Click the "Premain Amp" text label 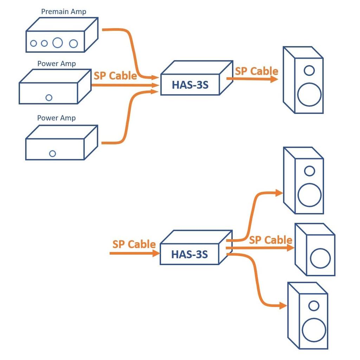pyautogui.click(x=64, y=12)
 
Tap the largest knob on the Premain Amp pyautogui.click(x=57, y=43)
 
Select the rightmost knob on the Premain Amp pyautogui.click(x=73, y=44)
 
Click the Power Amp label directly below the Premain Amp pyautogui.click(x=57, y=64)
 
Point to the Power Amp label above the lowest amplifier pyautogui.click(x=57, y=118)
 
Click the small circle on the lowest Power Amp pyautogui.click(x=52, y=154)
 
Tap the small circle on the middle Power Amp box pyautogui.click(x=49, y=98)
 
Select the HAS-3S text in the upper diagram pyautogui.click(x=190, y=85)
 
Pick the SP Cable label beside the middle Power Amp pyautogui.click(x=115, y=76)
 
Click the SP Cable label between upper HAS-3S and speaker pyautogui.click(x=256, y=71)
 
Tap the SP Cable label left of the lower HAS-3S pyautogui.click(x=134, y=244)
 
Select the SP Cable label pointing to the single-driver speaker pyautogui.click(x=270, y=240)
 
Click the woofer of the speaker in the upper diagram pyautogui.click(x=309, y=95)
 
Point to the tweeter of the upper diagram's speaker pyautogui.click(x=309, y=71)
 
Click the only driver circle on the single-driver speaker pyautogui.click(x=320, y=258)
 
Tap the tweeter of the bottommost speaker pyautogui.click(x=314, y=306)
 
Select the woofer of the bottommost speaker pyautogui.click(x=314, y=330)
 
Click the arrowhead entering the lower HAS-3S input pyautogui.click(x=156, y=253)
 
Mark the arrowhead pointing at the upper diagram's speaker pyautogui.click(x=274, y=79)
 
